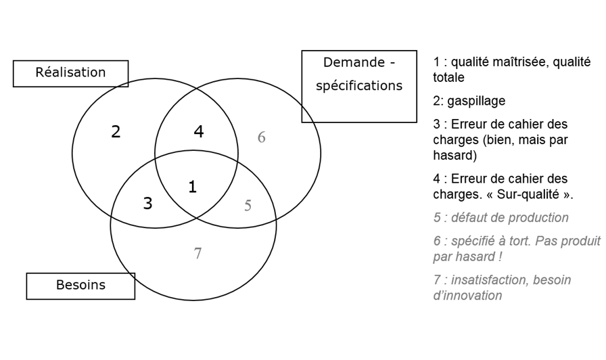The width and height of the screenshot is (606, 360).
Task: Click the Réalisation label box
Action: pyautogui.click(x=70, y=73)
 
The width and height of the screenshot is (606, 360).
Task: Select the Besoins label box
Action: pyautogui.click(x=80, y=286)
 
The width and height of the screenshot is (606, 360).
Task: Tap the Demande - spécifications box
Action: pyautogui.click(x=358, y=86)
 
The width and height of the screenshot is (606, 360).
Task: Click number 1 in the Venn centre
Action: pyautogui.click(x=193, y=187)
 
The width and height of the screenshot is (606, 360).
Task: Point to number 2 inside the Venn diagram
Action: pyautogui.click(x=116, y=132)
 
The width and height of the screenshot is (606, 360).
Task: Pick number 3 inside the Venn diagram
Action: pyautogui.click(x=147, y=202)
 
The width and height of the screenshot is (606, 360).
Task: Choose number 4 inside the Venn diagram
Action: pyautogui.click(x=198, y=132)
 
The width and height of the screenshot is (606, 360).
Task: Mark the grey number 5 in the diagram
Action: pyautogui.click(x=248, y=206)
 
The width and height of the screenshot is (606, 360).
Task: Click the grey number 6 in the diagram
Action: pyautogui.click(x=261, y=137)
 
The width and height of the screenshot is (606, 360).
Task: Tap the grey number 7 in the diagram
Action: pyautogui.click(x=197, y=254)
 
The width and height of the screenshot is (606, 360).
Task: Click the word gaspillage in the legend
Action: pyautogui.click(x=477, y=101)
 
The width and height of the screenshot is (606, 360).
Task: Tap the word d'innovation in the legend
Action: pyautogui.click(x=467, y=296)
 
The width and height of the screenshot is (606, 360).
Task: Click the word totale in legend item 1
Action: pyautogui.click(x=448, y=78)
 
